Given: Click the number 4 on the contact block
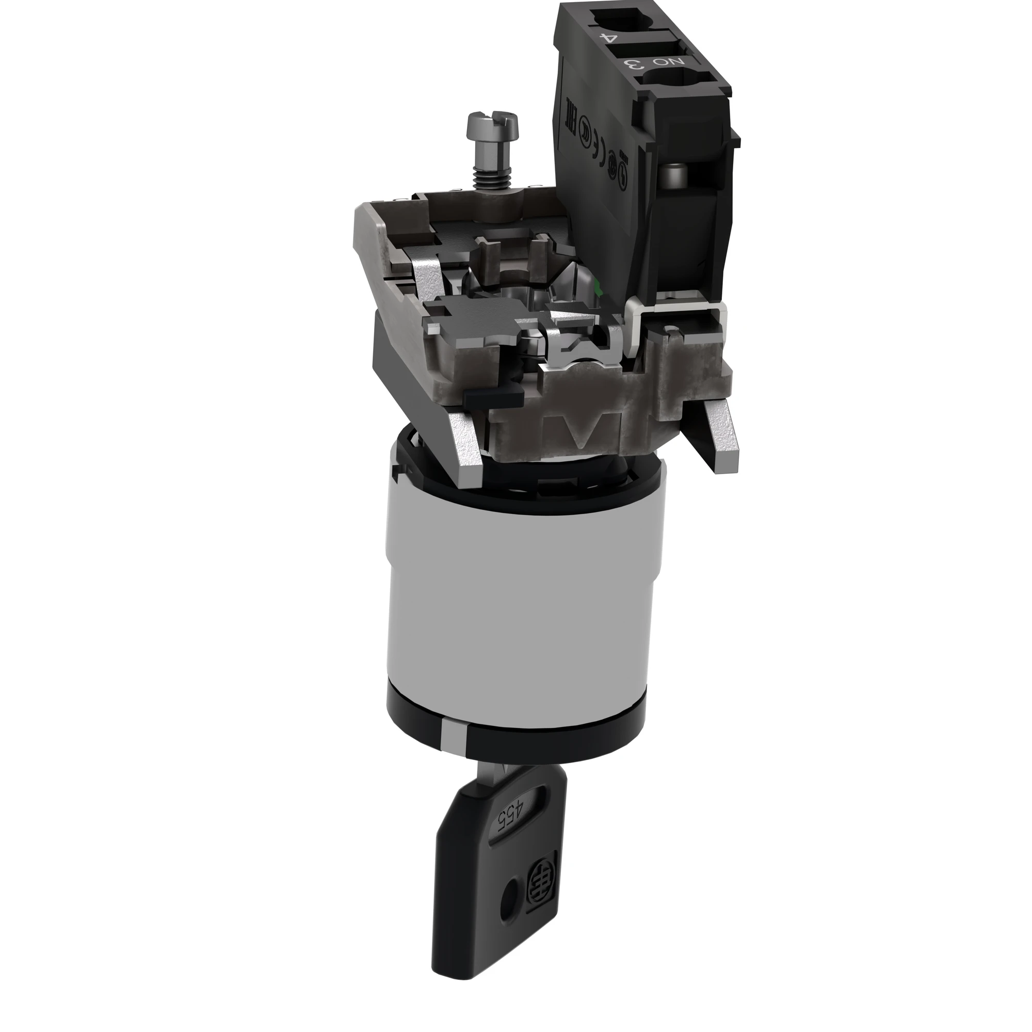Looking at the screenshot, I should [x=608, y=38].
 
